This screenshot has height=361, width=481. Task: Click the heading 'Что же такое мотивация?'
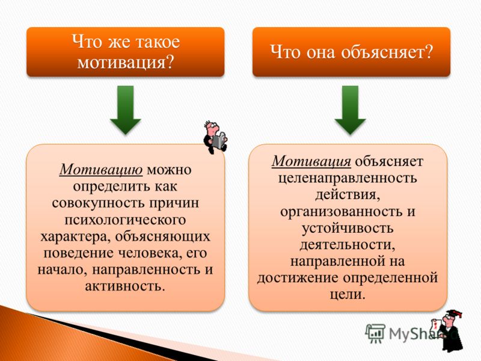click(x=126, y=52)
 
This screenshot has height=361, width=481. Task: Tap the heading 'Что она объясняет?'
click(x=352, y=52)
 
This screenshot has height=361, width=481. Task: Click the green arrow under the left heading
click(x=126, y=110)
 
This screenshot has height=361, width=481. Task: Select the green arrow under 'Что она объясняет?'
click(x=351, y=110)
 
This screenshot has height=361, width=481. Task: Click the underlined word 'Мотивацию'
click(x=101, y=170)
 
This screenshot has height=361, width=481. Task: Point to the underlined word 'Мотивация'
click(x=311, y=161)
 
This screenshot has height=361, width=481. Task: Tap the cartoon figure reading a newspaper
click(x=215, y=137)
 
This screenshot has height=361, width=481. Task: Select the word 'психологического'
click(x=125, y=220)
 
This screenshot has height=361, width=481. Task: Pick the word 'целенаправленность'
click(x=348, y=177)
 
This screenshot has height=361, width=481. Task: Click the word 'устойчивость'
click(x=348, y=228)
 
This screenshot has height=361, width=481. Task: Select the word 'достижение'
click(x=298, y=278)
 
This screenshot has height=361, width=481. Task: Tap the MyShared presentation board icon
click(x=375, y=333)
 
